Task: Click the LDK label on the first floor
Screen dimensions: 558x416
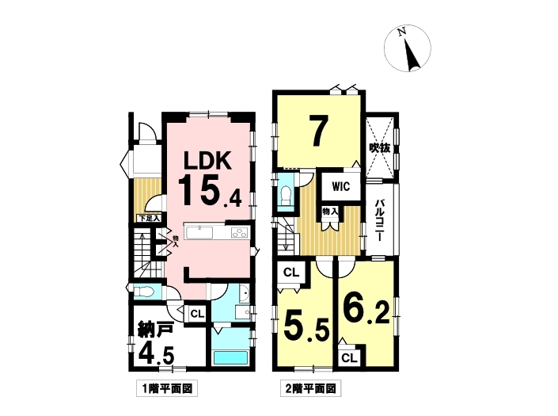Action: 207,160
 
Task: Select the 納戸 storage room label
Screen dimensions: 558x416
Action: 155,330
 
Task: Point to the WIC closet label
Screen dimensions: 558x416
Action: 341,186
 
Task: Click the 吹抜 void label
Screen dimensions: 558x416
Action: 379,147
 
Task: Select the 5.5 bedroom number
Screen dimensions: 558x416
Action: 306,329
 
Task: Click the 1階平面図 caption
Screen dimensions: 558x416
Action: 167,389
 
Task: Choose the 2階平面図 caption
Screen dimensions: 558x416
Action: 311,388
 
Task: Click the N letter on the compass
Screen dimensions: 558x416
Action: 402,32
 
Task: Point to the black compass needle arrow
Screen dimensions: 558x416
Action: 411,55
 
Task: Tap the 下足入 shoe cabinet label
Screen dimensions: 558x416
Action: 149,218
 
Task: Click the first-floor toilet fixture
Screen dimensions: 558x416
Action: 144,292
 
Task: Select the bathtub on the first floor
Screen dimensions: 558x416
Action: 230,357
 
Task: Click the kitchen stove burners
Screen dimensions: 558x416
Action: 239,233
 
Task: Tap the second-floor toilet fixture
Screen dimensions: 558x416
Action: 286,195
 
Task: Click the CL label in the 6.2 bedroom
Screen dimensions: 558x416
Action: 349,358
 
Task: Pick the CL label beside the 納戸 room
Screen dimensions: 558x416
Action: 197,314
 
